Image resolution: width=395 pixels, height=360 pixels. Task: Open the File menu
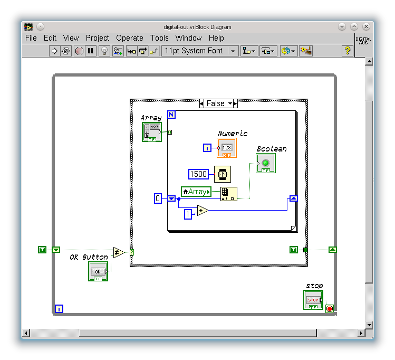(x=31, y=38)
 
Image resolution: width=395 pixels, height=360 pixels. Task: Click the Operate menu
(x=130, y=38)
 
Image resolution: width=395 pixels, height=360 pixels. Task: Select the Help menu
(x=216, y=38)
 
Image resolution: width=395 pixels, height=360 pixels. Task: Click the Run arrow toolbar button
(x=54, y=51)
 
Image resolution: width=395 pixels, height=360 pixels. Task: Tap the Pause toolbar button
(x=91, y=51)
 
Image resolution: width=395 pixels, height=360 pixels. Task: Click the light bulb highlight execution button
(x=104, y=51)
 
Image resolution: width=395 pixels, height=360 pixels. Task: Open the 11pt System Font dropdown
(x=199, y=51)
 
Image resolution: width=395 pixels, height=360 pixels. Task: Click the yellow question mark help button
(x=347, y=51)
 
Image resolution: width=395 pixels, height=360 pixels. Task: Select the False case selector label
(x=216, y=103)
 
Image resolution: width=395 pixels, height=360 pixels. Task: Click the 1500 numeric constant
(x=198, y=174)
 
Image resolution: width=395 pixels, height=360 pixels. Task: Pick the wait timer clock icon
(x=223, y=174)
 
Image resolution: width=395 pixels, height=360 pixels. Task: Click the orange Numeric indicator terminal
(x=227, y=148)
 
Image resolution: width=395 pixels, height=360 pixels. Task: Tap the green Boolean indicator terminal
(x=265, y=163)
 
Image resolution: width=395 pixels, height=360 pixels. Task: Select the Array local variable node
(x=196, y=192)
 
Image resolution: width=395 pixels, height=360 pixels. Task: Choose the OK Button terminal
(x=98, y=271)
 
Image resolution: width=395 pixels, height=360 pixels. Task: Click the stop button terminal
(x=313, y=300)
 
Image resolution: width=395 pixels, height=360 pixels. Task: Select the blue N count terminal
(x=171, y=115)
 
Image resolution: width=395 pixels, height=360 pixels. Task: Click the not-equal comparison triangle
(x=119, y=252)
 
